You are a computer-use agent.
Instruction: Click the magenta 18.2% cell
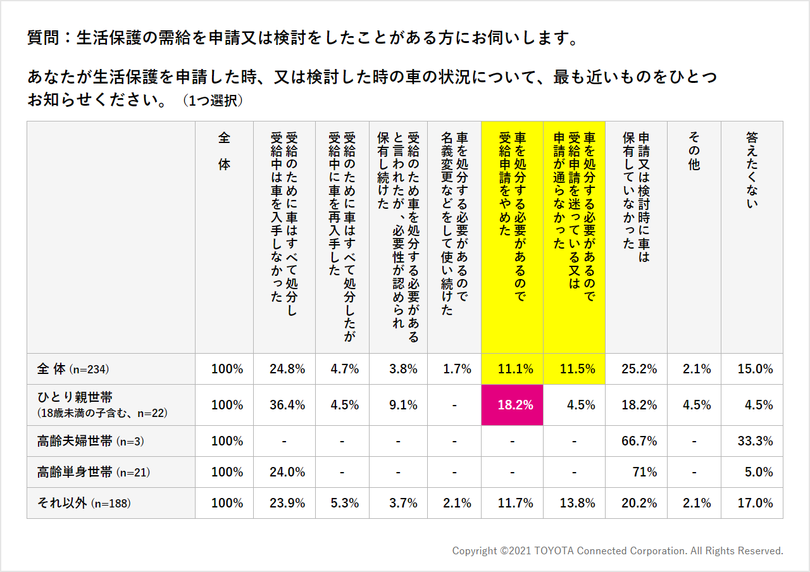click(x=514, y=405)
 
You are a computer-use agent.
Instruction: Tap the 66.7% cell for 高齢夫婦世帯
click(x=639, y=441)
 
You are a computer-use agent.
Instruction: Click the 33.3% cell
click(x=755, y=441)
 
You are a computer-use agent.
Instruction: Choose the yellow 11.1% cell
click(x=514, y=369)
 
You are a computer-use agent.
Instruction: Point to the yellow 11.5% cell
click(x=576, y=369)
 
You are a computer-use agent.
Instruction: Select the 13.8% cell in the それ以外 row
click(x=576, y=503)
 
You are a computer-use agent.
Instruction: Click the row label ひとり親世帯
click(x=75, y=397)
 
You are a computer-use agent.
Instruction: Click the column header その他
click(x=694, y=151)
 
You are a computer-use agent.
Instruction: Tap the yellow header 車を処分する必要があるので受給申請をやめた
click(x=512, y=183)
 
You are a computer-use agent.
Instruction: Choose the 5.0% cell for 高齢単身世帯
click(x=755, y=472)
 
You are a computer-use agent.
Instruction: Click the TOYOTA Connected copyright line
click(x=618, y=551)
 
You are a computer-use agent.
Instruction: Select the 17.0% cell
click(x=755, y=503)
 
